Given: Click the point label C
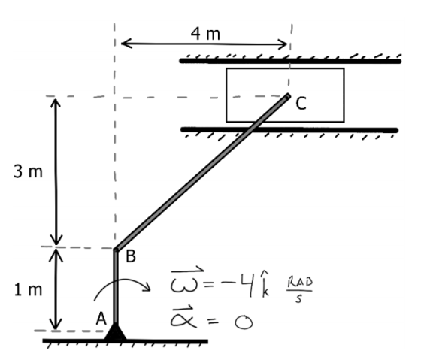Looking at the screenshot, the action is (301, 104).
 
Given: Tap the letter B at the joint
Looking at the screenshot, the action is (131, 256).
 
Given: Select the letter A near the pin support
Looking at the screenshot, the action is (101, 319).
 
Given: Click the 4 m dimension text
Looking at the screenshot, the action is (205, 34).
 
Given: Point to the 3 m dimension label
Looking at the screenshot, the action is (28, 171).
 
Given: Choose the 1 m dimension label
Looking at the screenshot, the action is (29, 290).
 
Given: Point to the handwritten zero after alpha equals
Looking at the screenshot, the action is (244, 322).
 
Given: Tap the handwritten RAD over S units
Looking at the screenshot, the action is (300, 290).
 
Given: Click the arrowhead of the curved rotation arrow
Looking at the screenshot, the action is (146, 286).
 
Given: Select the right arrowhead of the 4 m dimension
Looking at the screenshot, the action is (283, 44).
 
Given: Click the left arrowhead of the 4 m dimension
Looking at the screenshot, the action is (126, 44).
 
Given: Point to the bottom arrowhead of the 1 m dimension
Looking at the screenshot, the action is (56, 324).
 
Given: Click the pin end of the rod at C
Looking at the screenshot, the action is (287, 96).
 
